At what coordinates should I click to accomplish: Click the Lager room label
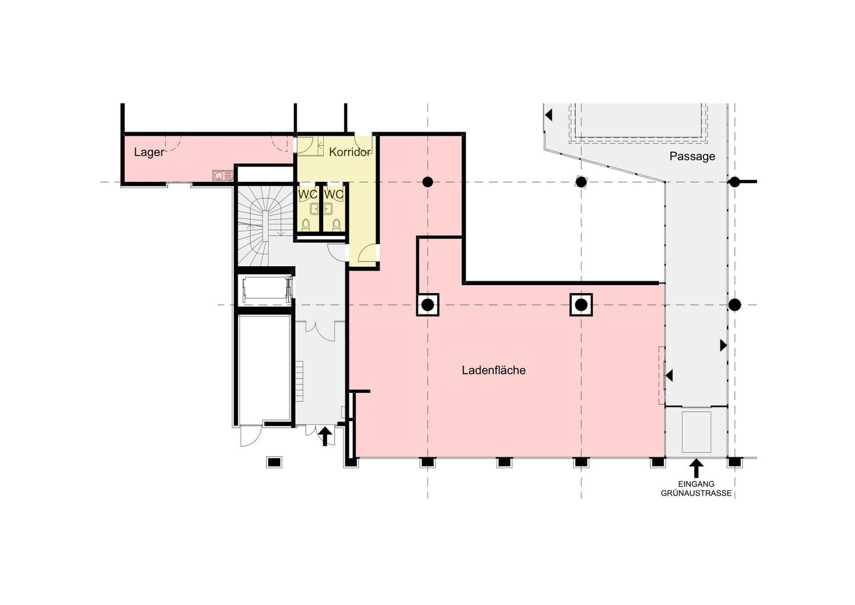[x=149, y=152]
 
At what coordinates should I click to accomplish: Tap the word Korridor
[x=349, y=152]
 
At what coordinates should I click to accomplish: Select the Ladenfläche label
[x=494, y=370]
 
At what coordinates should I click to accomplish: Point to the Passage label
[x=693, y=156]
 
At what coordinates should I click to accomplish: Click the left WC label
[x=308, y=194]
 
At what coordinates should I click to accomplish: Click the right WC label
[x=333, y=194]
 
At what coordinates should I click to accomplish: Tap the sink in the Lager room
[x=223, y=176]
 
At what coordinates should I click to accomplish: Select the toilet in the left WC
[x=306, y=225]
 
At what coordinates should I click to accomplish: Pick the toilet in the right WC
[x=336, y=225]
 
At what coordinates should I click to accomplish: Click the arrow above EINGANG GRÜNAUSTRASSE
[x=697, y=468]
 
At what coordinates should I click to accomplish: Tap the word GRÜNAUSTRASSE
[x=696, y=493]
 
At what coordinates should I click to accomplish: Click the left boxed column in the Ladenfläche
[x=427, y=305]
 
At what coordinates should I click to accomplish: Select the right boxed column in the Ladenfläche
[x=581, y=305]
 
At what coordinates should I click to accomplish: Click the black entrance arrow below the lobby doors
[x=325, y=436]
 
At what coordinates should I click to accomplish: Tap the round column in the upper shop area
[x=427, y=182]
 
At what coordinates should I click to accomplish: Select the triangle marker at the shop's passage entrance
[x=669, y=375]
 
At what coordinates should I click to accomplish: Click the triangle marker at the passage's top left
[x=548, y=115]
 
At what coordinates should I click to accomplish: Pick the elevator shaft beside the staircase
[x=265, y=290]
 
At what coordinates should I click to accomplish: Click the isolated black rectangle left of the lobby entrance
[x=274, y=462]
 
